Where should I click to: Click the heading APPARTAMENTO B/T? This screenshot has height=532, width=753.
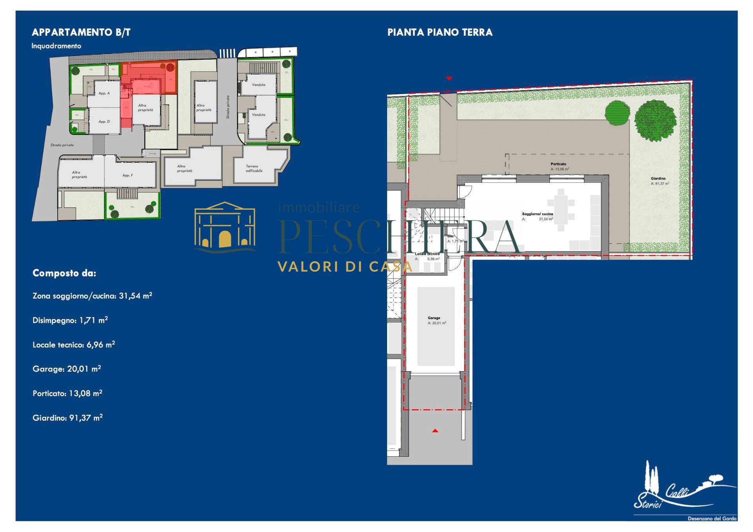click(81, 32)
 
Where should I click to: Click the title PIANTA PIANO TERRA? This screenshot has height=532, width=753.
click(440, 32)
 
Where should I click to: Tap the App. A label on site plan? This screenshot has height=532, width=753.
click(104, 93)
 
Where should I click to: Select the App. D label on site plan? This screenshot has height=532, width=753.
click(104, 122)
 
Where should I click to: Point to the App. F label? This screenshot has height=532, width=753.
click(127, 175)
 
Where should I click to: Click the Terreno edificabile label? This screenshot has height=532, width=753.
click(254, 169)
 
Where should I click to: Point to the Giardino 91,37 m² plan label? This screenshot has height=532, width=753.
click(659, 181)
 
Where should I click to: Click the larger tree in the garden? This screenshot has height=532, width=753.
click(655, 120)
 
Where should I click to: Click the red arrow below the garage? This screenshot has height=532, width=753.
click(435, 431)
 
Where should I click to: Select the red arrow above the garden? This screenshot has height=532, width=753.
click(449, 78)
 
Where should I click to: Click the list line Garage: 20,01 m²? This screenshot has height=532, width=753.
click(67, 369)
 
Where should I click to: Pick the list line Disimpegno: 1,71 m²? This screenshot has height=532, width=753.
click(70, 320)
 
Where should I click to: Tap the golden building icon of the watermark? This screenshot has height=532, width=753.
click(225, 227)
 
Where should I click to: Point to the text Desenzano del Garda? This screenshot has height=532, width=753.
click(712, 518)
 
